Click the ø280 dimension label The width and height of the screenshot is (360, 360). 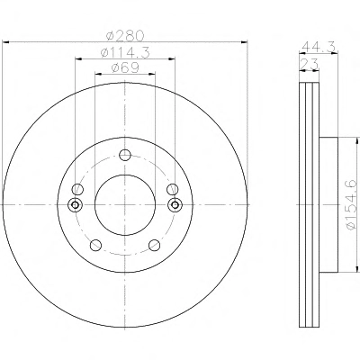(125, 36)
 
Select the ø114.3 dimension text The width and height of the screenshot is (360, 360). (125, 53)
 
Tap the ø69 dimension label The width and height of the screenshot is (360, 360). (125, 68)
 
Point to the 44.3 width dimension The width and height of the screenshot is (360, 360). (319, 47)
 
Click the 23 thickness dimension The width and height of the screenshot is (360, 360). (309, 64)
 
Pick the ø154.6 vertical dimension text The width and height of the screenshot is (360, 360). (353, 204)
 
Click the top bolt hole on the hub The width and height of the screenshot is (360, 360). (125, 155)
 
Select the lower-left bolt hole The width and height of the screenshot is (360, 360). (95, 245)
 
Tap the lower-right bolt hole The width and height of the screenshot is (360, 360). (154, 245)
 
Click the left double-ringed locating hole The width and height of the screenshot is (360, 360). (75, 205)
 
